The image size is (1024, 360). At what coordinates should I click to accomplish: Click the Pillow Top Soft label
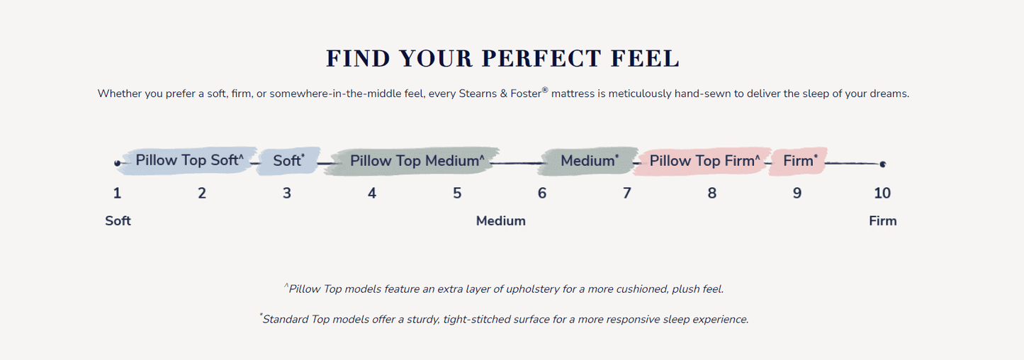[x=189, y=160]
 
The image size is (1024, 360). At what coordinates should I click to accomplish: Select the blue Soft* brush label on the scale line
[x=288, y=161]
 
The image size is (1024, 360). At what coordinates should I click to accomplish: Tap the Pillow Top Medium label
[x=417, y=161]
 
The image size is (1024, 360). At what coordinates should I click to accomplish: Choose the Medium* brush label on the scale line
[x=590, y=161]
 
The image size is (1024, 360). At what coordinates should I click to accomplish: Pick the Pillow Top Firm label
[x=704, y=161]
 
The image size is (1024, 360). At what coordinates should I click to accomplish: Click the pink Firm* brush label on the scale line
[x=800, y=161]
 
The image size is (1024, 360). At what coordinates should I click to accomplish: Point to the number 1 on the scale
[x=117, y=193]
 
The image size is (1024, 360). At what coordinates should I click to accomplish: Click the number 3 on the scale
[x=286, y=193]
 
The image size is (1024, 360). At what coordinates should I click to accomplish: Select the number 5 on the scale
[x=457, y=193]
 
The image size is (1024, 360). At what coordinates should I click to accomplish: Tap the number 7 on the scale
[x=626, y=193]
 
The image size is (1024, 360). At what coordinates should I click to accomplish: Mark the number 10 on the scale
[x=882, y=193]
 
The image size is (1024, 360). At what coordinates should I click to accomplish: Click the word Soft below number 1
[x=118, y=221]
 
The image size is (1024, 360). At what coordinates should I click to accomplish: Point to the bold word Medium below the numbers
[x=500, y=221]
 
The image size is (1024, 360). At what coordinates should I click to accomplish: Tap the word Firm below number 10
[x=883, y=221]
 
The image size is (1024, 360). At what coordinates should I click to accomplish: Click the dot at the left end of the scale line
[x=118, y=163]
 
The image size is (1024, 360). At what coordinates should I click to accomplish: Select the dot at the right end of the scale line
[x=883, y=164]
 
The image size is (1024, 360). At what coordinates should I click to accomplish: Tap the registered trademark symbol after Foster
[x=545, y=90]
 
